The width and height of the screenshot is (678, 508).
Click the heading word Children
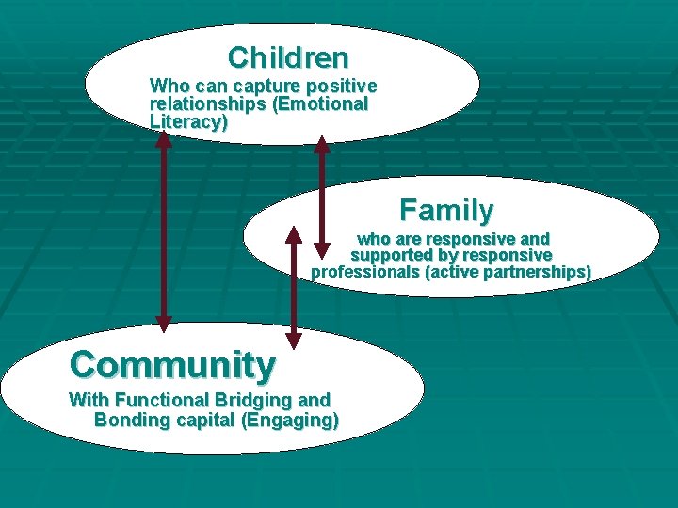point(288,57)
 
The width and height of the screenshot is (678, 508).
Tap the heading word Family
point(446,209)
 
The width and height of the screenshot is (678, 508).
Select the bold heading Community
point(172,363)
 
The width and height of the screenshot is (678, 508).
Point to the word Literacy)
point(188,121)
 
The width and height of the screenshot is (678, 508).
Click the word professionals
point(365,273)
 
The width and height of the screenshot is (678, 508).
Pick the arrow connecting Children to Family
point(322,198)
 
